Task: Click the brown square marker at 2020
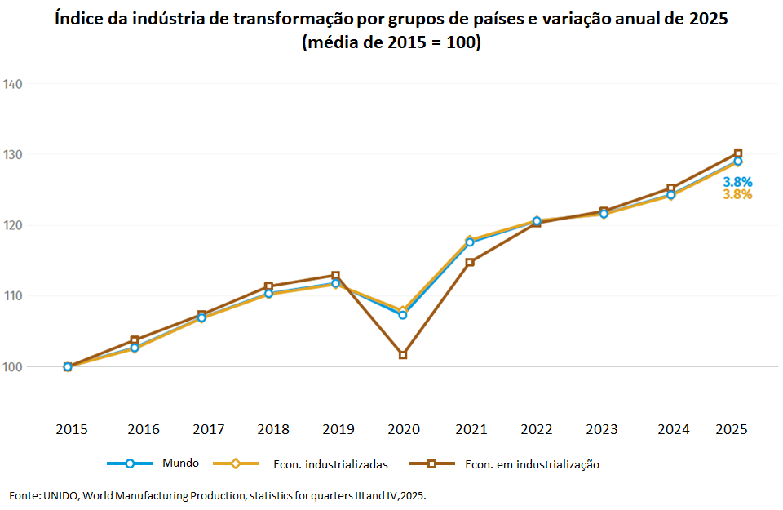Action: coord(403,355)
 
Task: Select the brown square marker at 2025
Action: coord(738,153)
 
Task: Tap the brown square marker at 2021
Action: coord(470,262)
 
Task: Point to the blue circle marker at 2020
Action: coord(403,315)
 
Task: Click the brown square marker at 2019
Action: coord(335,276)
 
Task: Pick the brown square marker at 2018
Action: coord(268,286)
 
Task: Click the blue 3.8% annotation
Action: coord(737,182)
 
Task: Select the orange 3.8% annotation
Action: coord(737,195)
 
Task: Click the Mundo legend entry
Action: coord(180,463)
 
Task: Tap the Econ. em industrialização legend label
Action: coord(532,464)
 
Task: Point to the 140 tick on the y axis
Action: coord(12,84)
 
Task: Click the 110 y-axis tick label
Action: coord(12,296)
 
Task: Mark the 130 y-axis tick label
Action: coord(12,154)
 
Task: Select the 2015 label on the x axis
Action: coord(72,429)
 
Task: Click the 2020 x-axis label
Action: coord(403,429)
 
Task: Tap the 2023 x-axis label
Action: coord(601,429)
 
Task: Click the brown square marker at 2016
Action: coord(135,339)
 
